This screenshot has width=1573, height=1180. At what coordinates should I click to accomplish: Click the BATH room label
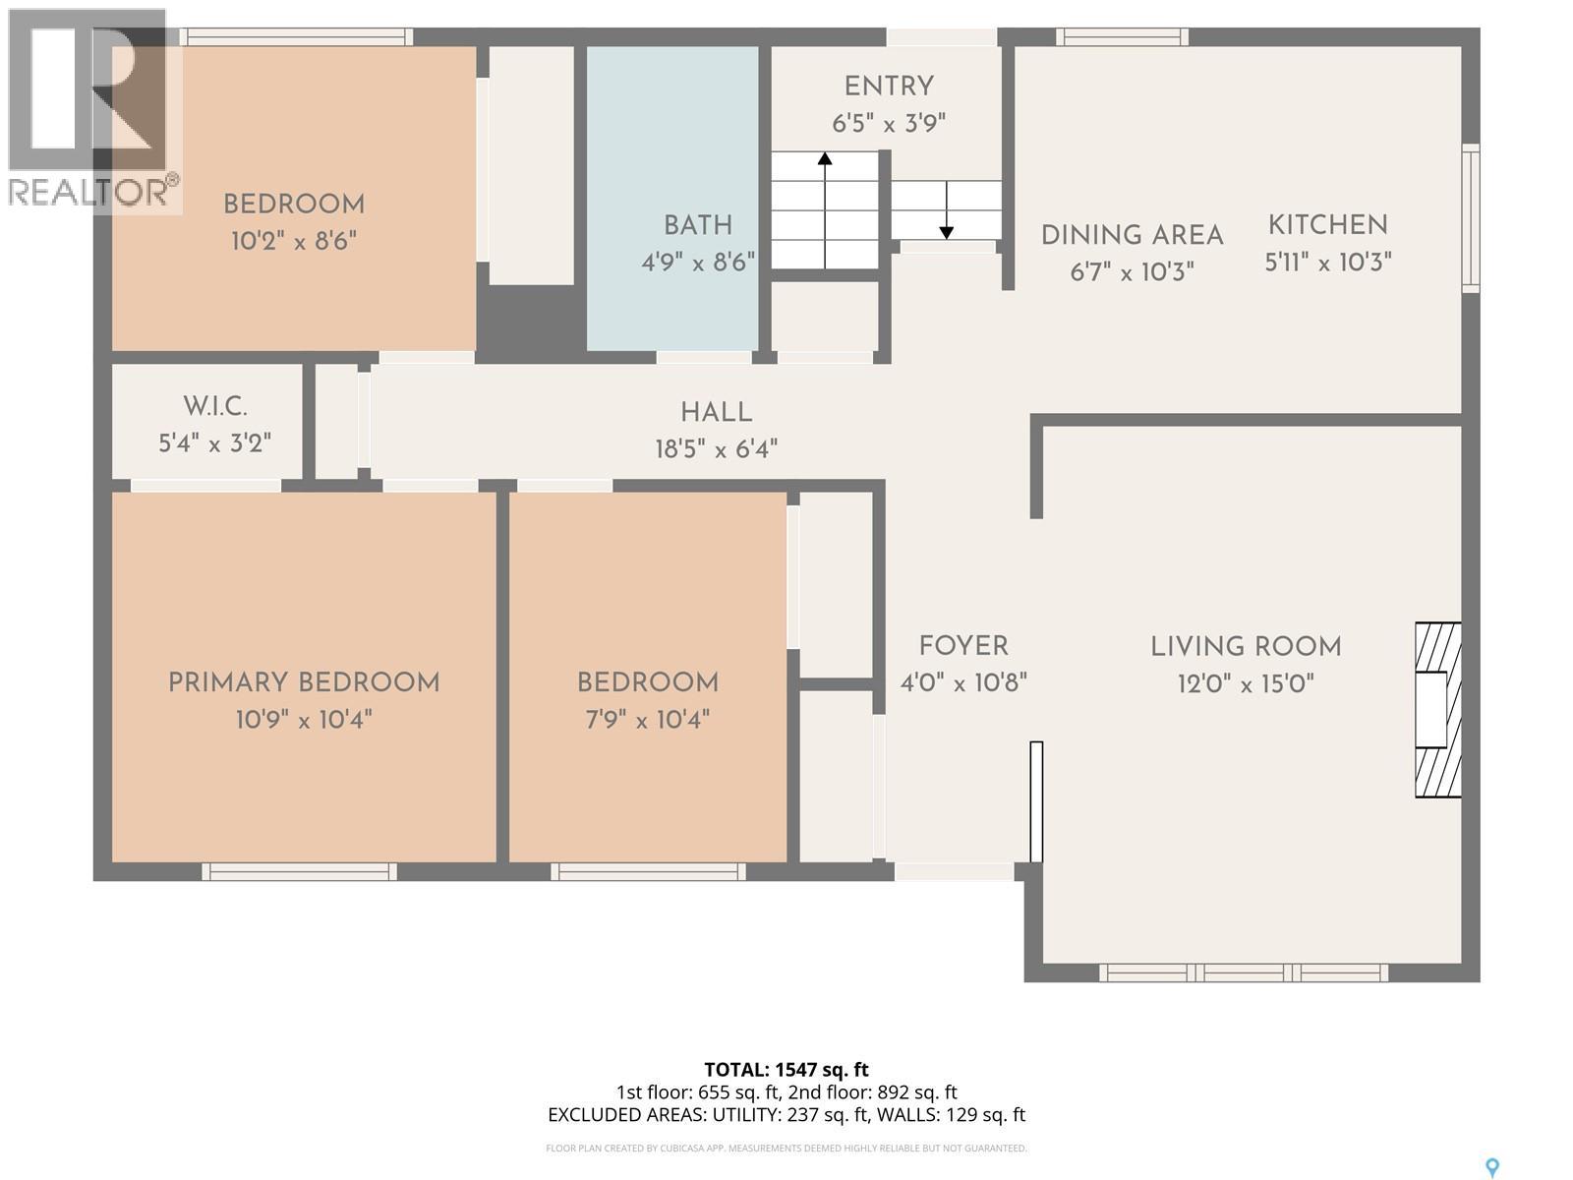(x=697, y=225)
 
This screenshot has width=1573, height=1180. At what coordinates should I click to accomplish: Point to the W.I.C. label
(x=214, y=406)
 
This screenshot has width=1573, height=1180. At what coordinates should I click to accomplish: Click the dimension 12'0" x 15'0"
(x=1246, y=683)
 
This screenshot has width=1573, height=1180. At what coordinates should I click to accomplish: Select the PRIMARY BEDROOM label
(x=303, y=682)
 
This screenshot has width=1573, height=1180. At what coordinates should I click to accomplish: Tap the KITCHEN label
(x=1327, y=225)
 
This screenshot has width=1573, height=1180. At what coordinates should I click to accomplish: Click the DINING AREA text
(x=1132, y=236)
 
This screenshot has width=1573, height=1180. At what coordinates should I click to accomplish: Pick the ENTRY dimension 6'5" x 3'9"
(x=888, y=124)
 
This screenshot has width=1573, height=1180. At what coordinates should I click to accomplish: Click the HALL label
(x=716, y=413)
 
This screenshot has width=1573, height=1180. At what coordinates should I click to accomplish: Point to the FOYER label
(x=962, y=646)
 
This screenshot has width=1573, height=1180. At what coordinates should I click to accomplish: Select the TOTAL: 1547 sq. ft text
(x=786, y=1069)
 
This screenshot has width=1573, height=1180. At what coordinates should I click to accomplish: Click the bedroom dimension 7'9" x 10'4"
(x=647, y=720)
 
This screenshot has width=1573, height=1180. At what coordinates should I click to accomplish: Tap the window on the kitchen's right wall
(x=1470, y=217)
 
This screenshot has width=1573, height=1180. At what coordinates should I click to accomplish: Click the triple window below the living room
(x=1243, y=973)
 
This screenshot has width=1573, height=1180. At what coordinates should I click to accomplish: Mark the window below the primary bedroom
(x=299, y=871)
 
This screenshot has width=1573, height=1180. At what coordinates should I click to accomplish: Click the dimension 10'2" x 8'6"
(x=293, y=241)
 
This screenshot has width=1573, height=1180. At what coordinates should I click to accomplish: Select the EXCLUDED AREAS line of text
(x=786, y=1114)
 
